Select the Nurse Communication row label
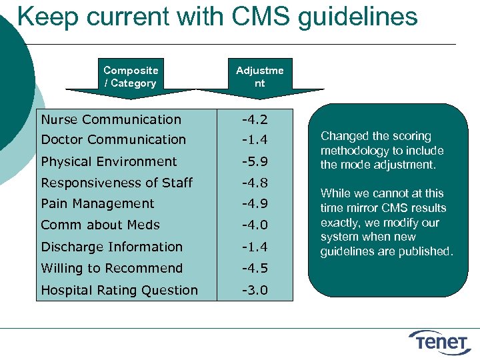pos(111,120)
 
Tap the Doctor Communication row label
pos(113,140)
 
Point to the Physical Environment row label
pos(109,161)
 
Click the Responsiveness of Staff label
pos(117,183)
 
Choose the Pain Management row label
pos(97,204)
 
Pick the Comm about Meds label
pos(100,225)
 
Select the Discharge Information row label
pos(111,247)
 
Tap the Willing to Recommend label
pos(111,269)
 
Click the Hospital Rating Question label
pos(119,290)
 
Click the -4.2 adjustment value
pos(255,120)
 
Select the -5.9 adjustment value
pos(255,161)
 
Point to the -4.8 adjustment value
pos(255,183)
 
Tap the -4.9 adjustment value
pos(255,204)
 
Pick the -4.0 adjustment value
pos(255,225)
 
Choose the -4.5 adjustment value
pos(255,269)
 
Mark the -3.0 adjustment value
pos(255,290)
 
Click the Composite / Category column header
pos(131,77)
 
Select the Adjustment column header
pos(259,77)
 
